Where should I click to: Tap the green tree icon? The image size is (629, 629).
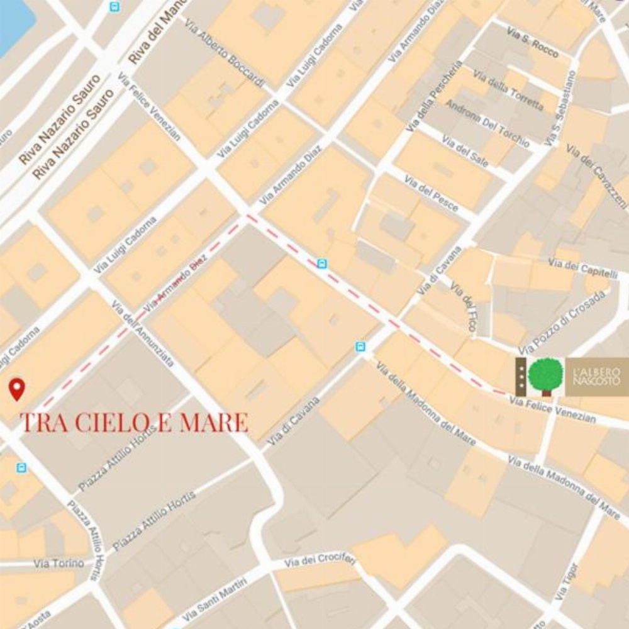545,376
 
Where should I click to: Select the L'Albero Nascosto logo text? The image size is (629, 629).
596,377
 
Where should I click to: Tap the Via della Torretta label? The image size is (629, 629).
508,91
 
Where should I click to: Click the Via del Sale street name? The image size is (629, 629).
465,151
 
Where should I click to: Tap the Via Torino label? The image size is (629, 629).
59,564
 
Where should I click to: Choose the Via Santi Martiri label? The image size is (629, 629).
216,601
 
